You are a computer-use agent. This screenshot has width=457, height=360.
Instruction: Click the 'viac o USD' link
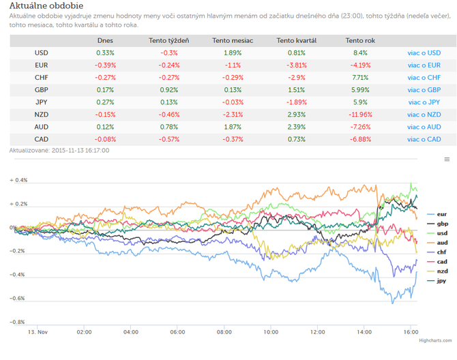424,53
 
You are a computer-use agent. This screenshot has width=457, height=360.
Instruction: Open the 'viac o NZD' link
424,115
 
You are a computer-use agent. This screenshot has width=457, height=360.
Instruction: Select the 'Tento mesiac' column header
233,41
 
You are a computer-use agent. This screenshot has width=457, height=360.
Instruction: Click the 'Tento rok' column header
360,41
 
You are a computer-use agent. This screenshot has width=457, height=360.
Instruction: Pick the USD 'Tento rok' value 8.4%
360,53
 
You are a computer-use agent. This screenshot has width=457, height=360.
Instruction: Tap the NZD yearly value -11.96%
360,115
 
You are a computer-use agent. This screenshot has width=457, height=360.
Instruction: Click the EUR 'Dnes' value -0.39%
105,65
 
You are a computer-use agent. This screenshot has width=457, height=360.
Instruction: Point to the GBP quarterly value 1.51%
297,90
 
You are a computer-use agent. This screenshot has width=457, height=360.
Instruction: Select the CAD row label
42,140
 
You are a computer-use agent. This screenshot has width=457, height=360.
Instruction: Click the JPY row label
42,102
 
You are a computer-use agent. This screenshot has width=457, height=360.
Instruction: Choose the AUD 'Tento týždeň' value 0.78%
169,127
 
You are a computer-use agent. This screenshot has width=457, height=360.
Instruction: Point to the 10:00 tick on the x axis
271,332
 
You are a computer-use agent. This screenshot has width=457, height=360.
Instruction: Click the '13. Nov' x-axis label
38,332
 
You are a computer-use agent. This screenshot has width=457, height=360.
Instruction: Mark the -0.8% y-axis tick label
17,322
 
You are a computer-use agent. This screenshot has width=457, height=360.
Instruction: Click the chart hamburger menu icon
447,160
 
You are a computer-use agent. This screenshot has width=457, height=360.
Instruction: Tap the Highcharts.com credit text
435,340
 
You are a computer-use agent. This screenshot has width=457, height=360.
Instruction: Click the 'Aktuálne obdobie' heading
46,5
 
